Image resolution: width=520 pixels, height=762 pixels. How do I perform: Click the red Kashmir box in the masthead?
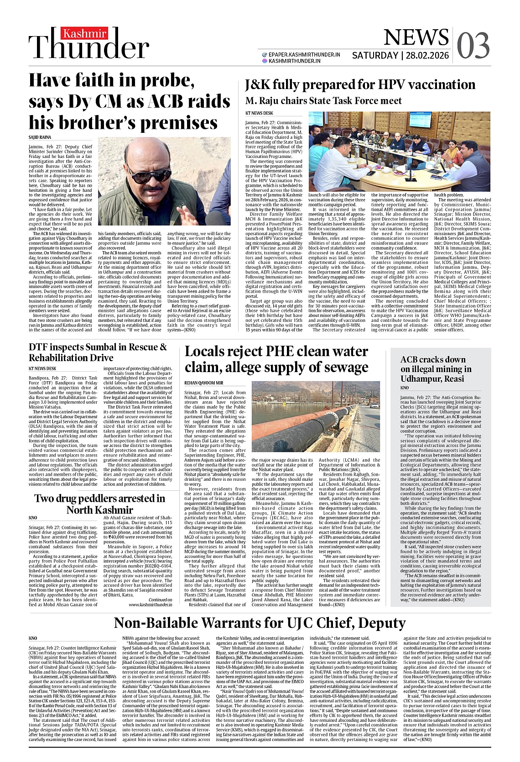click(x=85, y=33)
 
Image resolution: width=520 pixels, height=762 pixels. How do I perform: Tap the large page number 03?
click(x=473, y=46)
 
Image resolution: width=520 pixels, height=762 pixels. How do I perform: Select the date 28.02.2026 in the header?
click(x=427, y=56)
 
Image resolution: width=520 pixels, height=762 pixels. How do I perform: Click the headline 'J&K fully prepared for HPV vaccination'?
click(x=360, y=84)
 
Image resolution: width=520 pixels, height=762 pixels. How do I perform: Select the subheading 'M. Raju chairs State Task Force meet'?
click(x=323, y=100)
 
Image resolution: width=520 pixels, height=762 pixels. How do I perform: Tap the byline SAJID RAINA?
click(x=40, y=137)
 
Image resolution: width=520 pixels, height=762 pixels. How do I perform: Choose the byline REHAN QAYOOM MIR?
click(x=204, y=382)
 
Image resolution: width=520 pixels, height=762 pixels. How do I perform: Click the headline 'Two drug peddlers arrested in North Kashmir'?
click(x=99, y=504)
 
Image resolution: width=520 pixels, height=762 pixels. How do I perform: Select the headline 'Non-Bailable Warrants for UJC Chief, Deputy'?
click(x=260, y=623)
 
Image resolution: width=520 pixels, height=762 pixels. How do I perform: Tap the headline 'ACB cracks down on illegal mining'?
click(x=436, y=369)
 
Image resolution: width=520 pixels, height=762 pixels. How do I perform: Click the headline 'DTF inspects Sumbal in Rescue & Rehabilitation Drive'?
click(x=98, y=352)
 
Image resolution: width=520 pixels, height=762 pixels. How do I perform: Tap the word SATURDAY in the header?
click(x=375, y=56)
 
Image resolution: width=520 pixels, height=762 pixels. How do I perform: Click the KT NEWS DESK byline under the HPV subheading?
click(x=259, y=113)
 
